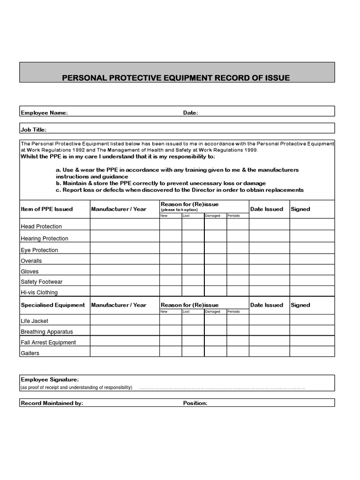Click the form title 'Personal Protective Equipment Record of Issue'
[x=176, y=78]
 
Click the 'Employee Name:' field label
[x=44, y=112]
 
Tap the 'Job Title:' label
[x=33, y=130]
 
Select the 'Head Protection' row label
[x=41, y=226]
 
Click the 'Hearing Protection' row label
[x=45, y=239]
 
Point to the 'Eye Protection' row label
[x=39, y=250]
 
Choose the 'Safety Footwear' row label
[x=42, y=282]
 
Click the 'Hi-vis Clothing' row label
[x=39, y=292]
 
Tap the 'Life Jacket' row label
[x=35, y=321]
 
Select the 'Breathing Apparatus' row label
[x=47, y=332]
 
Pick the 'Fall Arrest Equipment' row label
[x=48, y=343]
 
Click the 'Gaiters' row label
[x=30, y=353]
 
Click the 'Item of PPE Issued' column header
[x=47, y=209]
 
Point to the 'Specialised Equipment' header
[x=53, y=305]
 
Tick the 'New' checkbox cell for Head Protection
[x=170, y=225]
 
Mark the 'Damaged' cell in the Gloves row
[x=216, y=271]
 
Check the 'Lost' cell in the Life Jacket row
[x=193, y=320]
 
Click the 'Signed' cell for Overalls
[x=312, y=260]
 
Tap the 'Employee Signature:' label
[x=50, y=379]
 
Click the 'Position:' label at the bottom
[x=195, y=403]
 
